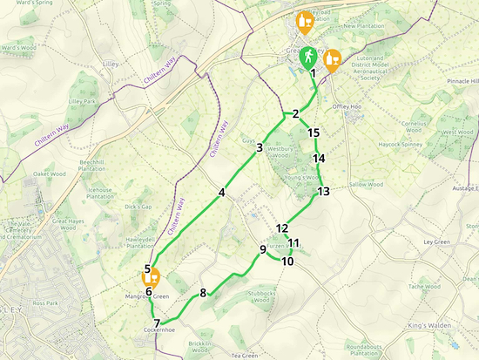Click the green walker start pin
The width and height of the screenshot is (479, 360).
[307, 58]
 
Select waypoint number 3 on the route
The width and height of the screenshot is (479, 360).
[260, 148]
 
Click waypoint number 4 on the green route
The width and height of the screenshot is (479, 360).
[222, 193]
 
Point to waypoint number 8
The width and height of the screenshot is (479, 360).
[203, 293]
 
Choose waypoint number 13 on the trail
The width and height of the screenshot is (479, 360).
[323, 191]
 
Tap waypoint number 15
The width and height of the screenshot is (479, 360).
[314, 132]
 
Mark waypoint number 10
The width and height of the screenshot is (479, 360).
[287, 261]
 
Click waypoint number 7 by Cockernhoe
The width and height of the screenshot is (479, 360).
[157, 323]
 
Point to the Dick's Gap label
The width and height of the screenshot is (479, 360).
[138, 207]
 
